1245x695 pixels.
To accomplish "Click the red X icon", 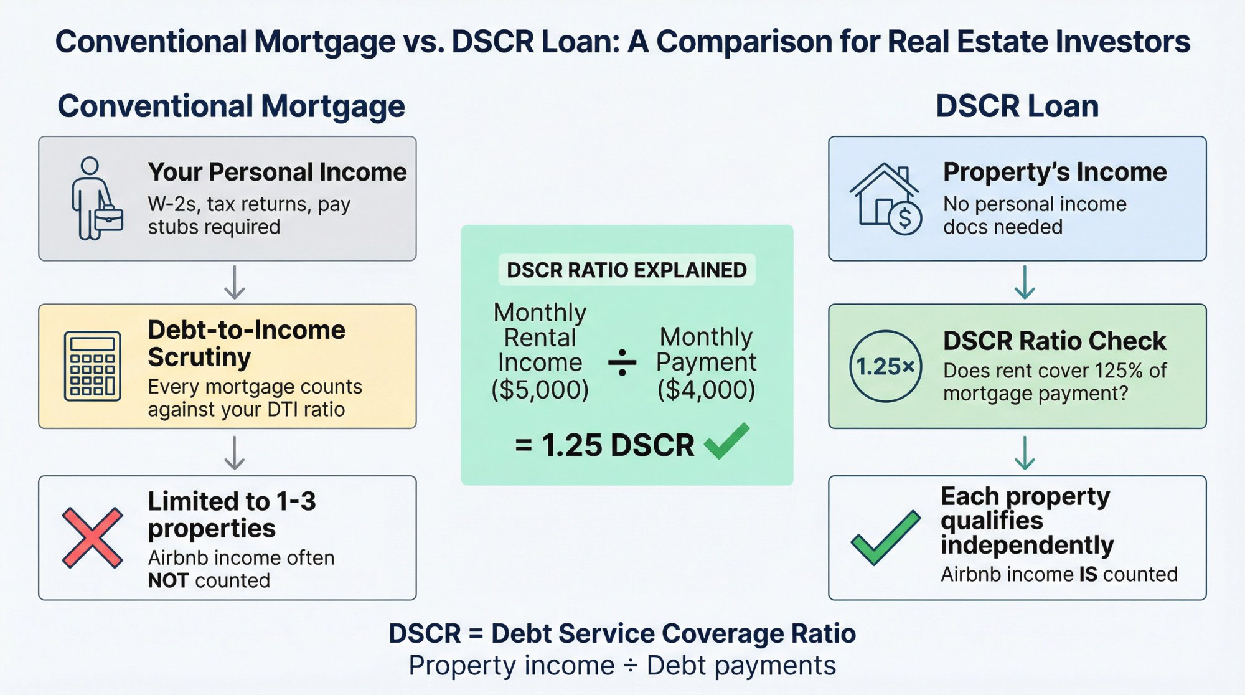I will click(92, 538).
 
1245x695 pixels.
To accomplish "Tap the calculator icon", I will click(92, 366).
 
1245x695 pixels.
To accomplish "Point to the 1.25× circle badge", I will click(885, 366).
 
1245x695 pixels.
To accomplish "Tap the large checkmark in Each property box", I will click(885, 538).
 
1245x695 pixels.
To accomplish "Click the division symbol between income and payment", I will click(622, 362).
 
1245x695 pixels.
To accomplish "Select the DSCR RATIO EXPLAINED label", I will click(626, 270).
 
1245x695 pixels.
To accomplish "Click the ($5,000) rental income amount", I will click(540, 390).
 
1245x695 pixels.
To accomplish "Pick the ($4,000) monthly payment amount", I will click(706, 390).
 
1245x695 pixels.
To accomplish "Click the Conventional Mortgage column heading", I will click(231, 106).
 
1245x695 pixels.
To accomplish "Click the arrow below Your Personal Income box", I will click(234, 282).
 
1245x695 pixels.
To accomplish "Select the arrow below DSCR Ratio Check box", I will click(1025, 453).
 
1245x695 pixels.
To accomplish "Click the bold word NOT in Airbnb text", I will click(168, 580).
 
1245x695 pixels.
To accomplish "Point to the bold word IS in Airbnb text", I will click(1088, 574).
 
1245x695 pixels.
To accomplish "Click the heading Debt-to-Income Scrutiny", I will click(246, 343).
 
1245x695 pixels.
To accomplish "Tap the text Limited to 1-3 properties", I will click(232, 514).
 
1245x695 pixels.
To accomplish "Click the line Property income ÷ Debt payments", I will click(622, 666).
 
